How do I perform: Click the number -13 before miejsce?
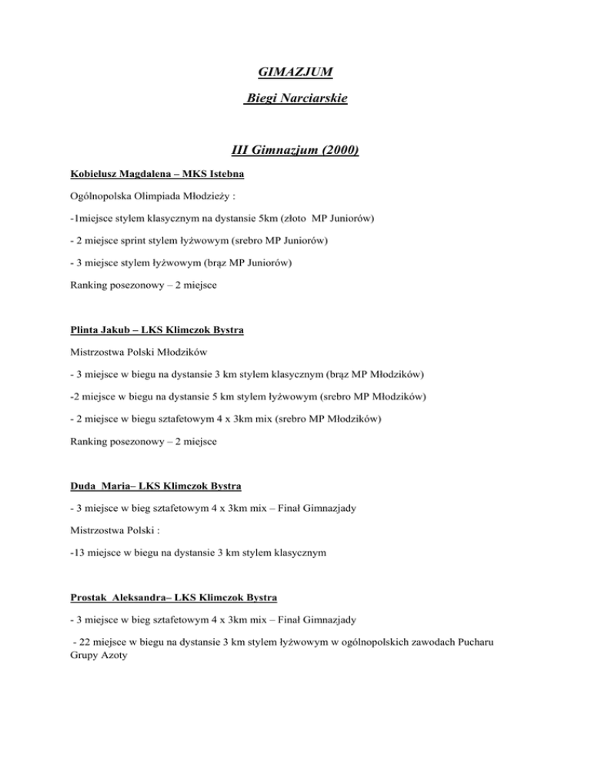[x=67, y=530]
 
